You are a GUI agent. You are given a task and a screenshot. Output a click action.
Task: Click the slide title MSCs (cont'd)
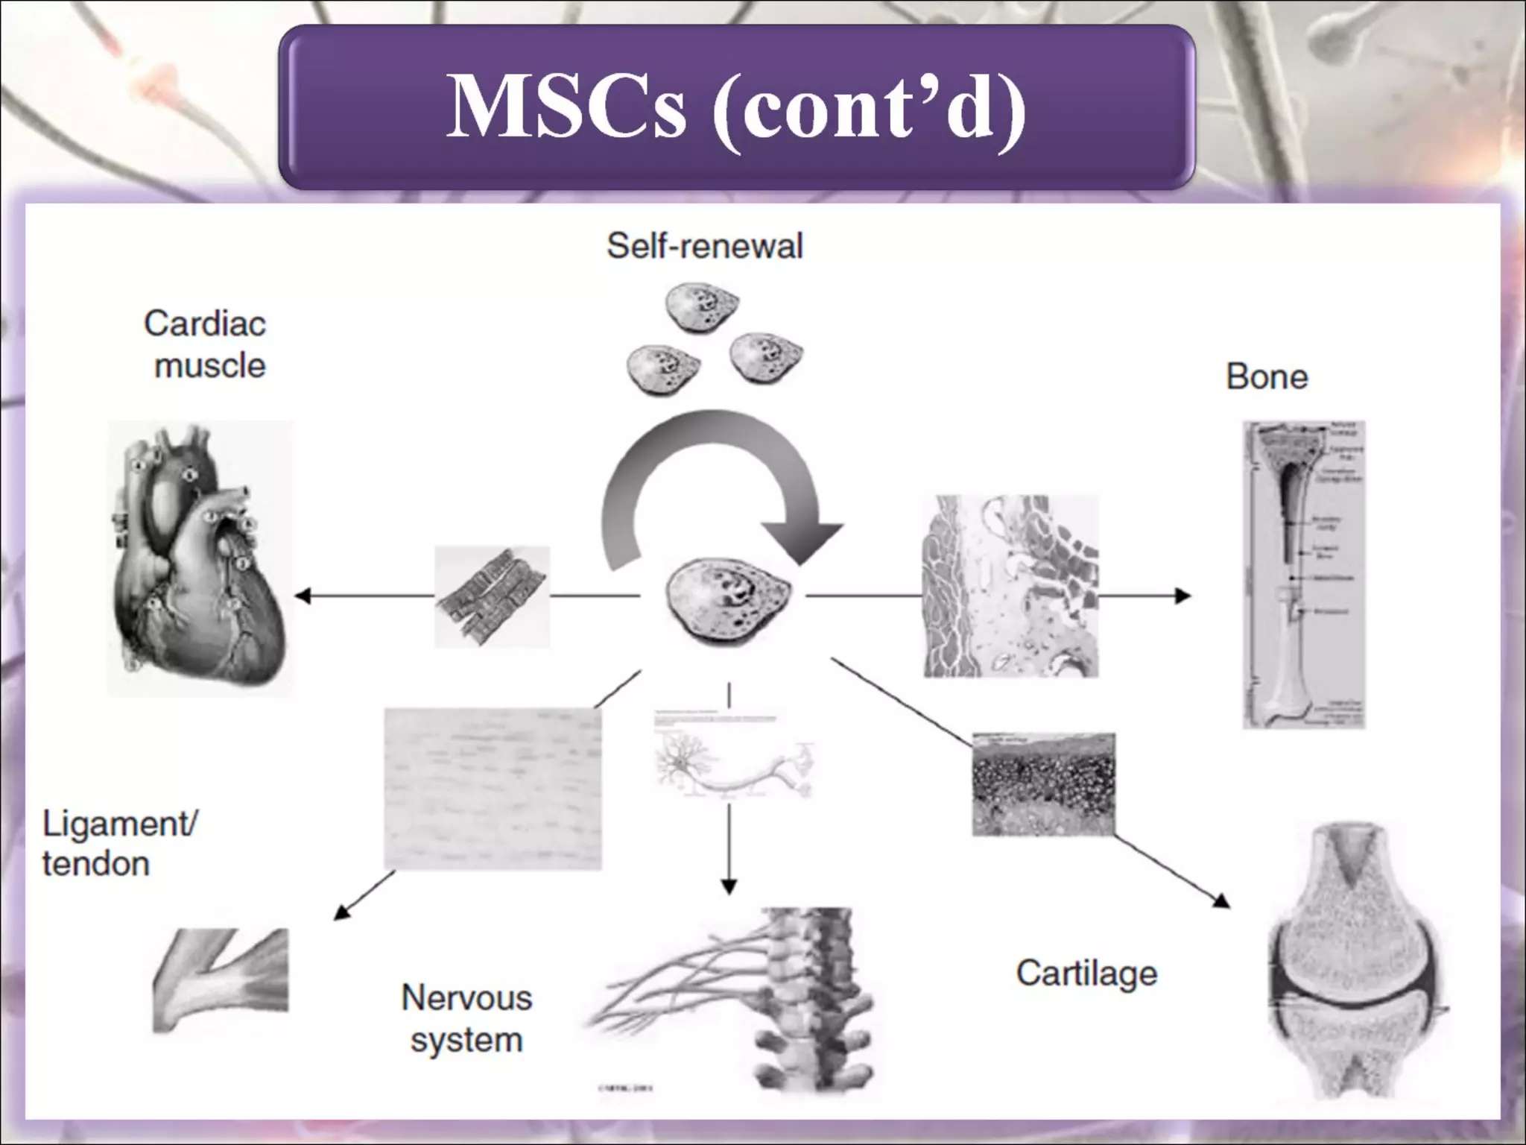(736, 107)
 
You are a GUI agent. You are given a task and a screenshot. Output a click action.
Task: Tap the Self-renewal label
(705, 246)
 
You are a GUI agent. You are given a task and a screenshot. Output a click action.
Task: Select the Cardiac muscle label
(206, 344)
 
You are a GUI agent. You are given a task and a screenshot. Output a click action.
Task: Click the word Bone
(1267, 376)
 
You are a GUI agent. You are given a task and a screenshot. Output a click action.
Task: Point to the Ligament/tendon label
(119, 844)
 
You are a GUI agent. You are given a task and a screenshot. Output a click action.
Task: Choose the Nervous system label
(466, 1018)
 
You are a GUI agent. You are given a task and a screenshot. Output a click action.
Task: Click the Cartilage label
(1086, 973)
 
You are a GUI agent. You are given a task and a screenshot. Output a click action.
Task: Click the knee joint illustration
(1356, 962)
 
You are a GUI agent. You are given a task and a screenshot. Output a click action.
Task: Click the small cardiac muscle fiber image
(492, 596)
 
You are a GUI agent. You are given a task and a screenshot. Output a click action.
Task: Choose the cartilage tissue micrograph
(1043, 784)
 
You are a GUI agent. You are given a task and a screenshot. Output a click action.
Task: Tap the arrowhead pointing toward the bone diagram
(1183, 596)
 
